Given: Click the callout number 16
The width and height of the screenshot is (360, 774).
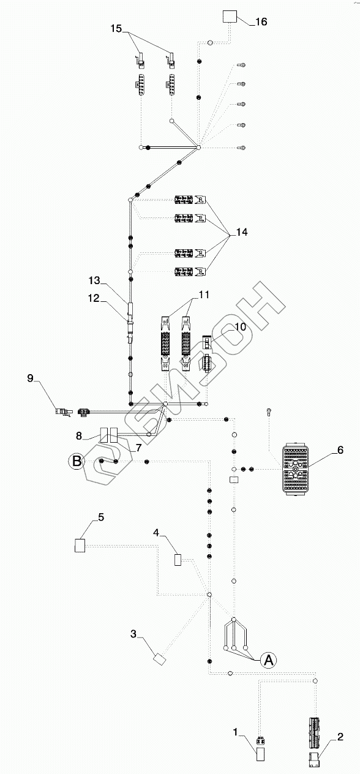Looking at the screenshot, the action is pos(261,22).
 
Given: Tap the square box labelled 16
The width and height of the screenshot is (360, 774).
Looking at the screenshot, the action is pos(230,17).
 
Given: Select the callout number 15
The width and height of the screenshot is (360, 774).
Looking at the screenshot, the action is pos(116,28).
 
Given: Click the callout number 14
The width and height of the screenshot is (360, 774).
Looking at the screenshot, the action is pos(242,232).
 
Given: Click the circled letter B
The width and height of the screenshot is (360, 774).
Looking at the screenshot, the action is pos(77,461).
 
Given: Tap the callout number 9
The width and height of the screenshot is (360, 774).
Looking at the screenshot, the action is pos(31,378).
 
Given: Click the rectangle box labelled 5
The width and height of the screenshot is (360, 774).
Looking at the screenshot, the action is pos(80,545).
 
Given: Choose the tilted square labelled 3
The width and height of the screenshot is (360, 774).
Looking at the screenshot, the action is pos(160,659).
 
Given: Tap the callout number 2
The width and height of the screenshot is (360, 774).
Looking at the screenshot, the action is pos(340,737).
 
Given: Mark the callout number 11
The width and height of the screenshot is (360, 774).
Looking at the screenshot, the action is pos(204,295).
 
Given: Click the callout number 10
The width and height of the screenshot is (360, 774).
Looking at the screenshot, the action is pos(241,327).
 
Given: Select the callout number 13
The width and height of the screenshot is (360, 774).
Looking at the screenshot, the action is pos(94,280).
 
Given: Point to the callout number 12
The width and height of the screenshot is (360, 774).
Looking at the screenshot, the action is pos(94,298).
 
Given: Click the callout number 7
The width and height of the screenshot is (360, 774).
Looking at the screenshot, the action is pos(138,448).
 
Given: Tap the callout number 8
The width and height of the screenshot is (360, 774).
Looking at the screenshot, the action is pos(79,436).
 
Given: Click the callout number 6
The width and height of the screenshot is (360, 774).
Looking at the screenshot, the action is pos(340,450).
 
